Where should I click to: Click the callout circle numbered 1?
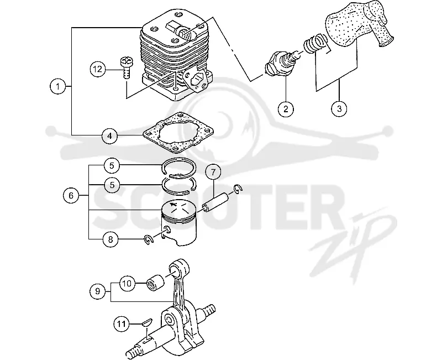(58, 86)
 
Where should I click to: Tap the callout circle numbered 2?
(286, 109)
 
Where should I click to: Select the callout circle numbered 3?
(339, 108)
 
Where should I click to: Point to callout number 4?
(110, 135)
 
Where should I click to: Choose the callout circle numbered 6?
(71, 196)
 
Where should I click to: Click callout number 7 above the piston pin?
(213, 172)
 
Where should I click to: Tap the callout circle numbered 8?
(110, 239)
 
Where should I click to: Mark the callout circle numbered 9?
(98, 291)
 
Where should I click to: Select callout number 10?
(127, 283)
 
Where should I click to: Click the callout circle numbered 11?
(122, 324)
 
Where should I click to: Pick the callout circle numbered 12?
(98, 69)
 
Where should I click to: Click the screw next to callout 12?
(126, 67)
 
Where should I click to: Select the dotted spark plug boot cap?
(359, 24)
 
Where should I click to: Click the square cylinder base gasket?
(178, 133)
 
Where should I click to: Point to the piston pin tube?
(214, 202)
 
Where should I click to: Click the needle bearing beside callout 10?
(156, 283)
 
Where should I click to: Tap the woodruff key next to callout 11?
(147, 322)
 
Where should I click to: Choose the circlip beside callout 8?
(149, 239)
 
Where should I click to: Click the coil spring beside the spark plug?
(315, 43)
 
